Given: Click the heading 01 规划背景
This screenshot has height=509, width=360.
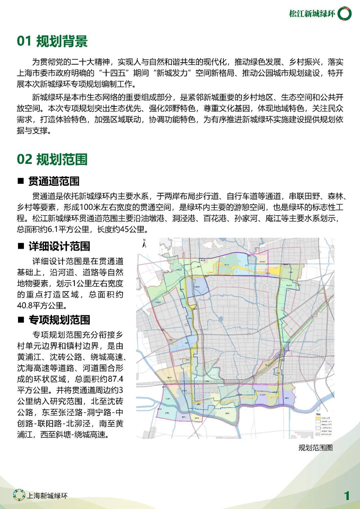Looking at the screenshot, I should click(52, 41).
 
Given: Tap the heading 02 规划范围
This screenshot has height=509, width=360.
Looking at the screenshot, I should click(52, 159).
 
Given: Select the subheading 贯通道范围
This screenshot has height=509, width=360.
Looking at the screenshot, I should click(54, 181).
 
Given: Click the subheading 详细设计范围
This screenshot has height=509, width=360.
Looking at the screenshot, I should click(59, 246).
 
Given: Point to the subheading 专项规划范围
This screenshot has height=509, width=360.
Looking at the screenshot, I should click(59, 320).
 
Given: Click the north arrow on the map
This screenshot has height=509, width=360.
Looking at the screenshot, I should click(144, 244).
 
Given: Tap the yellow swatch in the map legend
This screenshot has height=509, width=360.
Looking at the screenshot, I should click(318, 418).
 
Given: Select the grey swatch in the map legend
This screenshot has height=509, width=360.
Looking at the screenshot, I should click(318, 434).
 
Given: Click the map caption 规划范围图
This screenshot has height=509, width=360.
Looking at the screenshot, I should click(315, 447).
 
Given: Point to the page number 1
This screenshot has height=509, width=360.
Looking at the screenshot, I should click(347, 496).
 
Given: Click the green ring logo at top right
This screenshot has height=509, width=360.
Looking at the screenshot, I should click(344, 14).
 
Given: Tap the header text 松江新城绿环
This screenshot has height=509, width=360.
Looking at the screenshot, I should click(312, 14).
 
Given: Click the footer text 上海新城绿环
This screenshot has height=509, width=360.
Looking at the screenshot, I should click(47, 496).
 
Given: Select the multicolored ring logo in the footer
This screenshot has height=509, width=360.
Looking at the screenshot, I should click(19, 495).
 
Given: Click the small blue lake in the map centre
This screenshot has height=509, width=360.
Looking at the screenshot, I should click(221, 319).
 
